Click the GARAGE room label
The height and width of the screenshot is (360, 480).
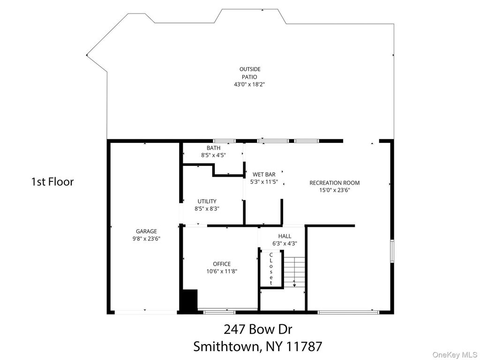(x=146, y=232)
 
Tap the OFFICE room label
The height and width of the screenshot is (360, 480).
(x=222, y=264)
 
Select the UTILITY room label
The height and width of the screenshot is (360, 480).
(x=207, y=202)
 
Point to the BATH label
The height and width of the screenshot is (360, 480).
(x=213, y=148)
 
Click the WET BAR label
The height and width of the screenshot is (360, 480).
(x=264, y=174)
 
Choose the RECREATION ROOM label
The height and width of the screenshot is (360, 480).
(x=335, y=183)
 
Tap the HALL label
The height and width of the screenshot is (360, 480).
(x=285, y=236)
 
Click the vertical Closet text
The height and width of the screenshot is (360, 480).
(x=271, y=269)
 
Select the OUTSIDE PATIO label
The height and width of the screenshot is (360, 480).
(x=250, y=73)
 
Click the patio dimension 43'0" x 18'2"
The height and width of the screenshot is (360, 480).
(x=249, y=84)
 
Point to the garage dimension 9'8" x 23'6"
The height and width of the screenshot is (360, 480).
(x=146, y=239)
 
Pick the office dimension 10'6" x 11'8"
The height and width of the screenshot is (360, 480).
(x=222, y=271)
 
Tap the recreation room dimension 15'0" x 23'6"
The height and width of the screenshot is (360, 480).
(x=335, y=190)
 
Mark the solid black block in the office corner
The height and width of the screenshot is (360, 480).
(x=190, y=300)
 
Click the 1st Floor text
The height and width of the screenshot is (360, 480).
(x=52, y=182)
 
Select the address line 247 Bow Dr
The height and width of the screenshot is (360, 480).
(x=258, y=330)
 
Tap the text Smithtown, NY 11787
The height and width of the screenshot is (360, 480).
(x=258, y=347)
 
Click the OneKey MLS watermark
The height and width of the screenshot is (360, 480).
(x=455, y=355)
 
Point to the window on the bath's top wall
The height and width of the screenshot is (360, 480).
(x=225, y=141)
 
